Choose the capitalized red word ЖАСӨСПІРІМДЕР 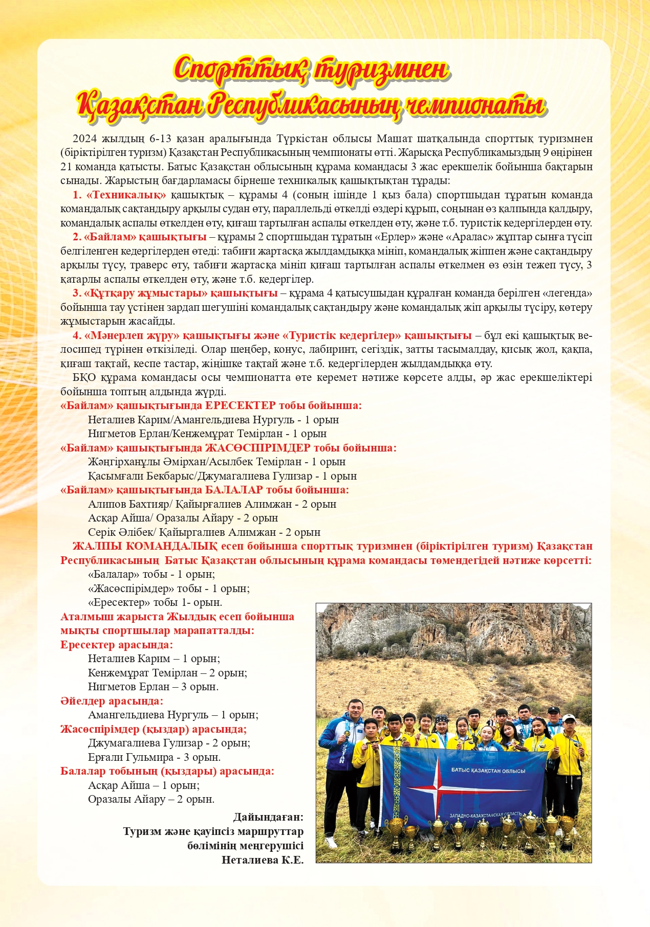pos(257,448)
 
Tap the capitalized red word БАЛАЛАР pos(234,490)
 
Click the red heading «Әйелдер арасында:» pos(112,701)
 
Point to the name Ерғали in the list pos(102,757)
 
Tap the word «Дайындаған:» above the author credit pos(268,817)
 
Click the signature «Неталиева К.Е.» pos(263,860)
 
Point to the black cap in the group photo pos(553,710)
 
